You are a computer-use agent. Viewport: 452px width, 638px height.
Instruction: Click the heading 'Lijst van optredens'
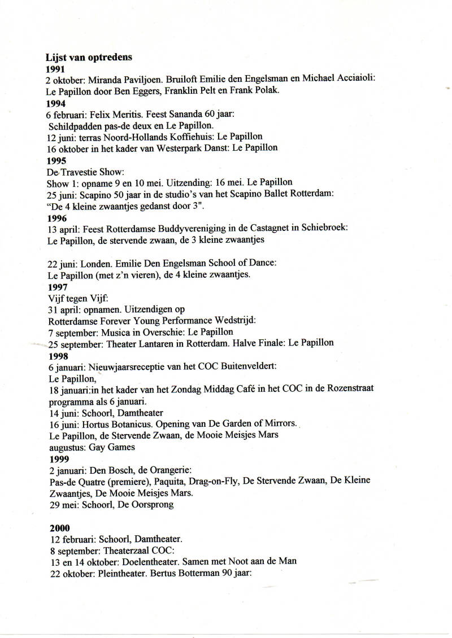tap(89, 57)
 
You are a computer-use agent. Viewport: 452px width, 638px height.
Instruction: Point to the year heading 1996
tap(57, 218)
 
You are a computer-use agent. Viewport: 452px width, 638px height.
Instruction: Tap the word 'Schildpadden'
tap(74, 125)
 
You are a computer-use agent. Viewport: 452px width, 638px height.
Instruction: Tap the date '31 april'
tap(64, 309)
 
